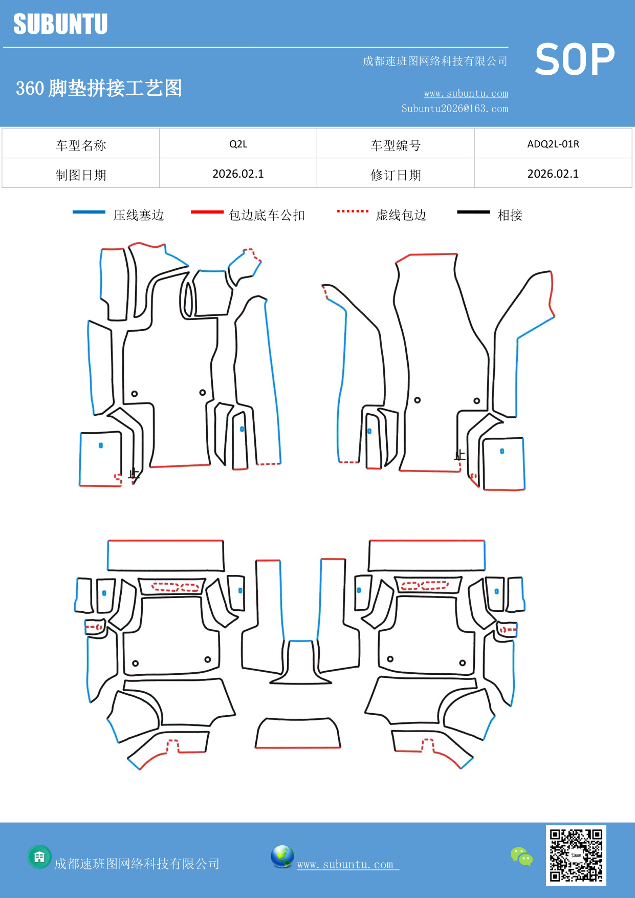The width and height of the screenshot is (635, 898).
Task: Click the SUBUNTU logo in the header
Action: (60, 24)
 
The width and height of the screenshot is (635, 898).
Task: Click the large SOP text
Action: (575, 60)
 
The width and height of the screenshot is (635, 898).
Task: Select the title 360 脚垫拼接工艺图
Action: (99, 88)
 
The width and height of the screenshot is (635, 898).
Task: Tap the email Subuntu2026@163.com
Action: (454, 109)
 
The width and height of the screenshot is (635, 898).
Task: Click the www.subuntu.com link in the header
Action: (466, 94)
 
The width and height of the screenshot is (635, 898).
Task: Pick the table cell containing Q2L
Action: (238, 144)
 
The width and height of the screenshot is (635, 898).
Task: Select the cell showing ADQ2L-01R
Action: (553, 144)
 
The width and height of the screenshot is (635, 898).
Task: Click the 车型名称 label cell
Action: (81, 145)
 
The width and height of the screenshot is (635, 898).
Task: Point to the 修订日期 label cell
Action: (396, 175)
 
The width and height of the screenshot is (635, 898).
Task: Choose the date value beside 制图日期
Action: (238, 174)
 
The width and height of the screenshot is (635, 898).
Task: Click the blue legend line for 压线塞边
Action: (89, 212)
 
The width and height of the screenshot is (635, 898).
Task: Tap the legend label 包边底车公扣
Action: (267, 215)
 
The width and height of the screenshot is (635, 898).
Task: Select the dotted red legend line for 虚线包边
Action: (353, 211)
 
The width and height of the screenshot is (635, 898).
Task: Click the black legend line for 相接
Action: (473, 212)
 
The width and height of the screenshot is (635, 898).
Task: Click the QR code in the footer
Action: (576, 855)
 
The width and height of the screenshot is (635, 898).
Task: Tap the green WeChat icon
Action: (521, 857)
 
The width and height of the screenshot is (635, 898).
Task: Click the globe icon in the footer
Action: (282, 857)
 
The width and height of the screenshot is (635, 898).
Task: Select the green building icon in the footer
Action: (39, 857)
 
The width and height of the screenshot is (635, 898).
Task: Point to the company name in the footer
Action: (137, 864)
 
